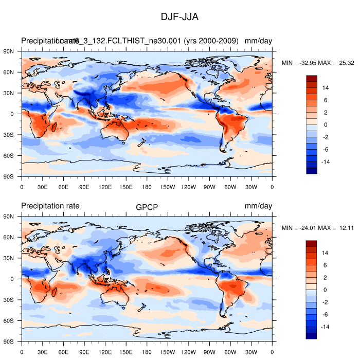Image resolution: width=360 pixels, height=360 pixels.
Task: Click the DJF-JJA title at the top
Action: [179, 17]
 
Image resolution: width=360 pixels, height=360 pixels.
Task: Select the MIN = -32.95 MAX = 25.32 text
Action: [318, 63]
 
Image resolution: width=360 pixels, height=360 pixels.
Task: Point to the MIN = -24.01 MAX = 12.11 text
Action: [318, 228]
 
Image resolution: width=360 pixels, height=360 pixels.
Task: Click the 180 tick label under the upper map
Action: [147, 187]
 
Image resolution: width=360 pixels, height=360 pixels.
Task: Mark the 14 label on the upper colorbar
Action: [326, 88]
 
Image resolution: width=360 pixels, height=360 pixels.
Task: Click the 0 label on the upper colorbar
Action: [324, 125]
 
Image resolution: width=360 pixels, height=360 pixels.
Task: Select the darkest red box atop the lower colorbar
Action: [311, 243]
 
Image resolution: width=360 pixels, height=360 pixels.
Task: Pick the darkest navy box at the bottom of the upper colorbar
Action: [311, 171]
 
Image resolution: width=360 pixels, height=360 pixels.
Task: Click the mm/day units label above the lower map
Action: [258, 206]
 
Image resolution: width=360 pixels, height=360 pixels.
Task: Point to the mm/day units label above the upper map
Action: [258, 41]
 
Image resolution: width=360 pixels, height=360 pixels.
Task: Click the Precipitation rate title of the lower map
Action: [50, 206]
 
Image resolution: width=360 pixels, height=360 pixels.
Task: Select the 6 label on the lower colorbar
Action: [324, 265]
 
